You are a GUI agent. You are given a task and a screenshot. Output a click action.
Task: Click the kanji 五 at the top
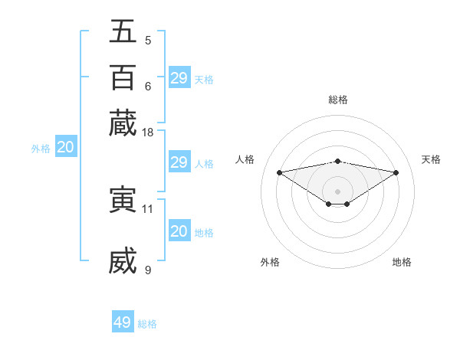click(123, 32)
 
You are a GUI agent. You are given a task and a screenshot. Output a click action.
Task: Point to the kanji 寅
click(123, 200)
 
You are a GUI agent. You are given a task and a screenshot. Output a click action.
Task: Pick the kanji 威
click(123, 260)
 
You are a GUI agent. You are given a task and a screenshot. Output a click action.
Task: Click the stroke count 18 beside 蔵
click(149, 133)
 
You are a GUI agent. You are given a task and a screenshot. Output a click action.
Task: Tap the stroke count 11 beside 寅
click(148, 208)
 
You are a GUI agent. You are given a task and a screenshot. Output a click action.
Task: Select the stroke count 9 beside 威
click(148, 269)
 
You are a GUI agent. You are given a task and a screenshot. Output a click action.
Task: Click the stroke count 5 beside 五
click(148, 40)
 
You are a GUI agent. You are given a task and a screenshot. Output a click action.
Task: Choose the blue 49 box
click(123, 322)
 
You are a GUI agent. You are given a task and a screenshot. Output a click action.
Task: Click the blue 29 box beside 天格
click(179, 78)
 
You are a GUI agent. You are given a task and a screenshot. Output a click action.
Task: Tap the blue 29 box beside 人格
click(179, 162)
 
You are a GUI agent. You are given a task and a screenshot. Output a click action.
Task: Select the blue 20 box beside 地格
click(179, 231)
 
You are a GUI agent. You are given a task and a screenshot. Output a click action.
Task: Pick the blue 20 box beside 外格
click(66, 148)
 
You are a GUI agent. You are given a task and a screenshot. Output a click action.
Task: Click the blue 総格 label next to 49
click(147, 324)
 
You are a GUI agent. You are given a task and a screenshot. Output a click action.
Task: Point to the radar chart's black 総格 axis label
click(338, 100)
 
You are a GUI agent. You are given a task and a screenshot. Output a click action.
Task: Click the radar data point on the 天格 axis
click(396, 172)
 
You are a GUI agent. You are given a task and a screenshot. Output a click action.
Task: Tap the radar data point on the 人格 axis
click(279, 172)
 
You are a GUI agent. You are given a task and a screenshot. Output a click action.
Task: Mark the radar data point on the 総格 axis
click(338, 161)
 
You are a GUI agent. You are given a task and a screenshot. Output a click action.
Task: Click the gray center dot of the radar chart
click(338, 191)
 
